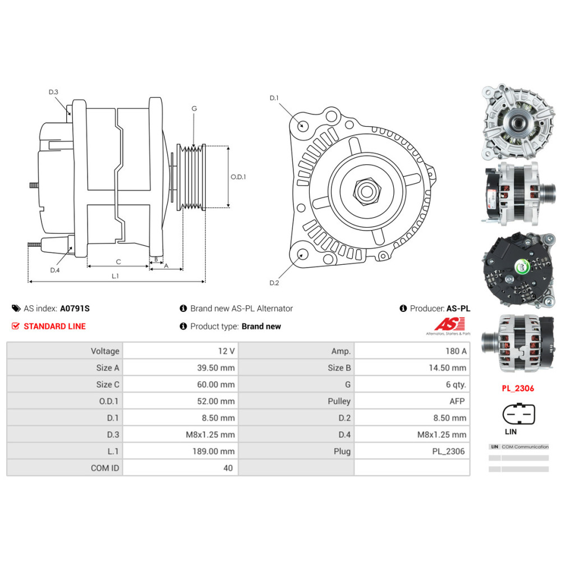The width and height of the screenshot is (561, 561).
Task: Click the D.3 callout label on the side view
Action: (53, 92)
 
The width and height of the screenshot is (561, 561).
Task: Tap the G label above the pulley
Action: (194, 108)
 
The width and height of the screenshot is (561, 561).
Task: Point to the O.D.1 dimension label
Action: (238, 177)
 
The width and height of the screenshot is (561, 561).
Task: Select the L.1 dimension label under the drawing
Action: (115, 275)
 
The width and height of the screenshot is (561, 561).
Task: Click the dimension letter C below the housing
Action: (118, 261)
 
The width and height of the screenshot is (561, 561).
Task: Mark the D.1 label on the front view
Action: (274, 98)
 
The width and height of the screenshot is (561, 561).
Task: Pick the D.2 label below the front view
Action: (274, 283)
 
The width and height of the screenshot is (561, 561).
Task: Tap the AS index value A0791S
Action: (75, 308)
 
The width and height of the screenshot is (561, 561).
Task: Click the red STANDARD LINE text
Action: (54, 326)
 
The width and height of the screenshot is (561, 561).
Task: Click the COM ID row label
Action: (105, 468)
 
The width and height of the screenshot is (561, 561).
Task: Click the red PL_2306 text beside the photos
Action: (518, 388)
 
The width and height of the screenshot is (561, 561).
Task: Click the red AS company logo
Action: (450, 324)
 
